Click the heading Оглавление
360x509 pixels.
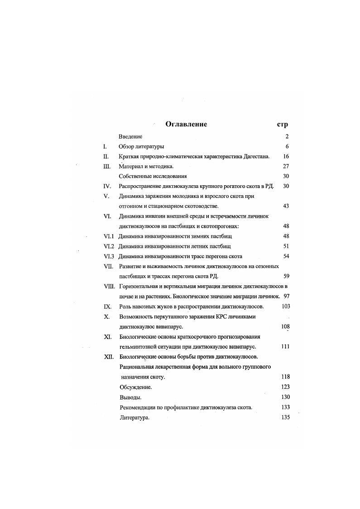(x=186, y=124)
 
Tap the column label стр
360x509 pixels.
(x=282, y=125)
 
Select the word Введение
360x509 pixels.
(x=130, y=136)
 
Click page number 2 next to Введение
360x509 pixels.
(x=287, y=136)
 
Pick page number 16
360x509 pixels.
(x=285, y=156)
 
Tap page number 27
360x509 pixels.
(x=285, y=166)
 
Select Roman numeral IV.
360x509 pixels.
(x=107, y=186)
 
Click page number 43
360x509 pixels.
(x=285, y=206)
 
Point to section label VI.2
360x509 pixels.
(x=109, y=246)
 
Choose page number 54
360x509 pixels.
(x=285, y=256)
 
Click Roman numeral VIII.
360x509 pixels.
(x=110, y=286)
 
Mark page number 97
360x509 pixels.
(x=286, y=296)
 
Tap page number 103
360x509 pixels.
(x=285, y=306)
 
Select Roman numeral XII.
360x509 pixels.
(x=108, y=356)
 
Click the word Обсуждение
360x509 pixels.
(x=135, y=387)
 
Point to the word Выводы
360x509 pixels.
(x=130, y=397)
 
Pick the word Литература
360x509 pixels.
(x=134, y=418)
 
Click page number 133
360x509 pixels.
(x=285, y=407)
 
